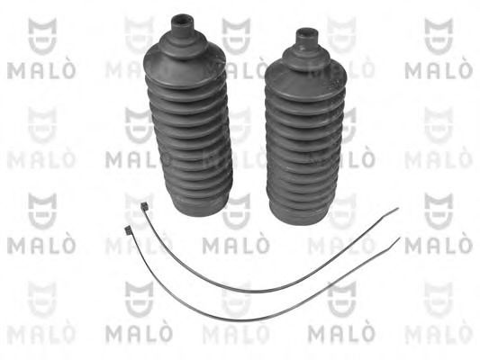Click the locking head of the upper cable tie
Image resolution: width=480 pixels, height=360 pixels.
click(144, 206)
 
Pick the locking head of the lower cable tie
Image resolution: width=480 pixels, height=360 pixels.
click(127, 230)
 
